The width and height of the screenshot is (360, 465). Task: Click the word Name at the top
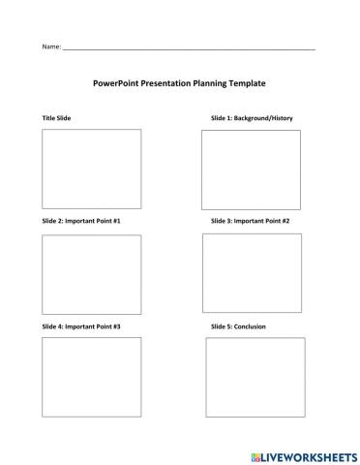[50, 46]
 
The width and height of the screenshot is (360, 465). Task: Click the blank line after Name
[189, 47]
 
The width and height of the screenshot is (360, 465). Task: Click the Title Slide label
[56, 117]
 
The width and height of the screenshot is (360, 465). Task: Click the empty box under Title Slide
[91, 169]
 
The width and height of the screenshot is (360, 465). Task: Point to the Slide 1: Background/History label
[252, 117]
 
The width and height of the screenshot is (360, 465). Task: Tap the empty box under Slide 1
[251, 169]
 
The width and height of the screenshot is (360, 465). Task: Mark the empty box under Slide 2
[91, 274]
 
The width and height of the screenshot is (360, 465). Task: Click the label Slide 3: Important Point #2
[250, 221]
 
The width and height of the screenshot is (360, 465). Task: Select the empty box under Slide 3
[252, 272]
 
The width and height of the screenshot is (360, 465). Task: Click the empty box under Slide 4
[91, 377]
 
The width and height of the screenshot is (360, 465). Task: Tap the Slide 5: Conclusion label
[238, 326]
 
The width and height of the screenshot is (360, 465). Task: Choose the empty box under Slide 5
[255, 377]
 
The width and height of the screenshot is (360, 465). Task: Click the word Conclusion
[249, 326]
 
